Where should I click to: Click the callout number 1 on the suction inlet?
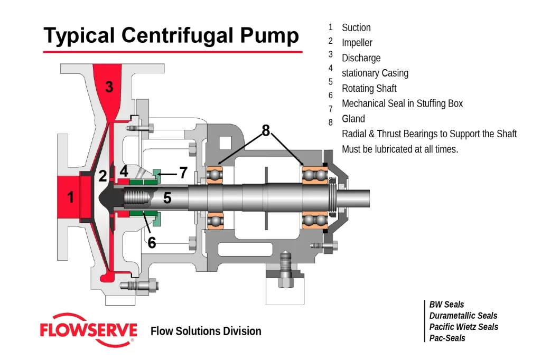point(70,197)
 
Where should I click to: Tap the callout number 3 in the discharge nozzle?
point(109,87)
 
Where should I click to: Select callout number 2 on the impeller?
point(102,176)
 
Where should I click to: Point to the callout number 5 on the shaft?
point(167,198)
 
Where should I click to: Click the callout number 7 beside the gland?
point(183,172)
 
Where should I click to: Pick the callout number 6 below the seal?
point(152,242)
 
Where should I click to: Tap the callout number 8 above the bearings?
point(266,130)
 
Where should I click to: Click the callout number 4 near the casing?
point(124,171)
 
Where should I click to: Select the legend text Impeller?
point(357,43)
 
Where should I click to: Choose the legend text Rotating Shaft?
point(369,88)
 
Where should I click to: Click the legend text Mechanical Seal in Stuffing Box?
point(402,103)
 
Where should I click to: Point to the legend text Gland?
point(353,119)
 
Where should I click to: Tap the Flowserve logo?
point(88,331)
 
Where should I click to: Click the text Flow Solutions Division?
point(206,331)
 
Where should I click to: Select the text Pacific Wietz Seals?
point(463,327)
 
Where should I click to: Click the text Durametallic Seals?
point(463,316)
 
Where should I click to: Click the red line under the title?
point(172,52)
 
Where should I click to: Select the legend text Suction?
point(356,27)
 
